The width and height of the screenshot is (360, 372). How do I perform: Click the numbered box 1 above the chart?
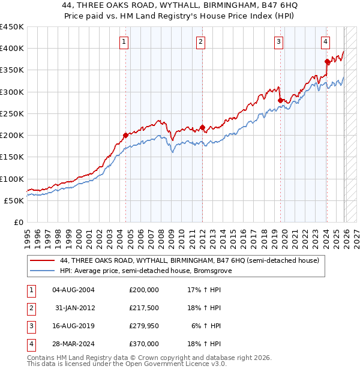124,41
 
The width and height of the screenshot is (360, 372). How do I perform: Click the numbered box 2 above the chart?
200,41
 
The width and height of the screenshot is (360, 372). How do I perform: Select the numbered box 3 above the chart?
279,41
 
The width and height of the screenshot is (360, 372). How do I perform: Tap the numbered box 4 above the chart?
325,41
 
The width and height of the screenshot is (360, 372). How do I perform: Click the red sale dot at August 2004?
125,136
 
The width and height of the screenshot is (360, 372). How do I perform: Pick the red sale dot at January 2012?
202,127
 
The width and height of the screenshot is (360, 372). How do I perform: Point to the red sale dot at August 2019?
281,101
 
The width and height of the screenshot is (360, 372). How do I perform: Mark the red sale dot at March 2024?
327,61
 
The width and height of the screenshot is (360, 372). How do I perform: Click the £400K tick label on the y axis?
12,49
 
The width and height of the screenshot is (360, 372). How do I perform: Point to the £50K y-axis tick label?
14,201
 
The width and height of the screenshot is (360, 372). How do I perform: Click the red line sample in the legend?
43,260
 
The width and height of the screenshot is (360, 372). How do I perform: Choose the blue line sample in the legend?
43,271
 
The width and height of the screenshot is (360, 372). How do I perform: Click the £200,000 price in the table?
144,290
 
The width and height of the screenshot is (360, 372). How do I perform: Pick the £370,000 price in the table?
144,344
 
